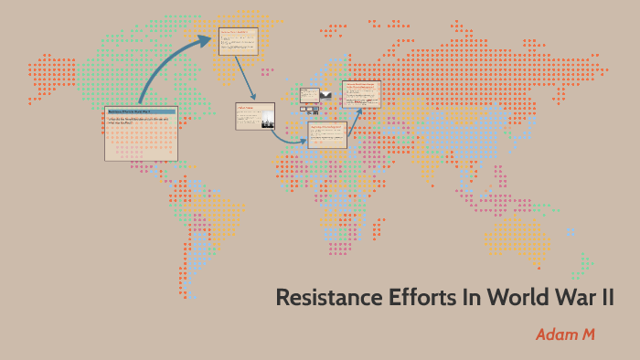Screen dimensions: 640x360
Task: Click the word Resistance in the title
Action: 323,298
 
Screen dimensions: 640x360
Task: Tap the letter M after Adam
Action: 588,334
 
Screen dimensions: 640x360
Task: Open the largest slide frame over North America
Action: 141,133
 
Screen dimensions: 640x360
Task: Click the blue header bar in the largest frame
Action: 141,111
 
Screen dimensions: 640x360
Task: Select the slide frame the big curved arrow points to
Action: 238,41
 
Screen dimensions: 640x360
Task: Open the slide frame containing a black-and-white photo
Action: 255,116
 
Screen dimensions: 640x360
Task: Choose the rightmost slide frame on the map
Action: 361,94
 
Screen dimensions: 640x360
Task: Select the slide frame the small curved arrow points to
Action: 327,135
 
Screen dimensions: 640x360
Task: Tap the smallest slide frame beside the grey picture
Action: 310,95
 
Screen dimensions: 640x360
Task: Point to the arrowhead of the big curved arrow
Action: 204,41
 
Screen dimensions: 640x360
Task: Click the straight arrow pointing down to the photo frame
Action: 243,78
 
